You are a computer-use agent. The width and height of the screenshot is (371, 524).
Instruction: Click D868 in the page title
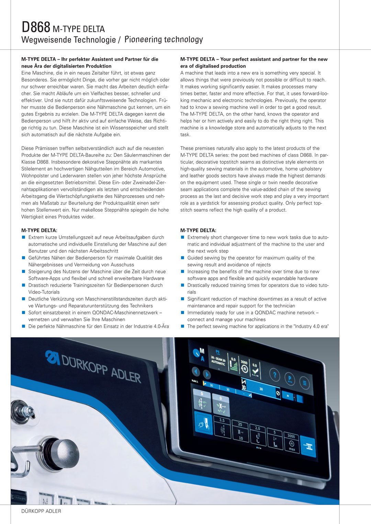point(36,27)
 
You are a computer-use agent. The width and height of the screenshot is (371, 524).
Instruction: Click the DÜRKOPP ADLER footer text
point(41,511)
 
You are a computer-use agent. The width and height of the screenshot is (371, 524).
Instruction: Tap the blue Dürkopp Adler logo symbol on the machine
point(52,357)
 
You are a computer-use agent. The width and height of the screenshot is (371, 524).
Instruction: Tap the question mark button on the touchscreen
point(274,375)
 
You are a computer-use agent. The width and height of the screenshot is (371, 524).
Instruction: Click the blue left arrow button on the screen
point(196,372)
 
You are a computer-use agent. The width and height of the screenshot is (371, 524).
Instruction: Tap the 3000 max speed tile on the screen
point(291,441)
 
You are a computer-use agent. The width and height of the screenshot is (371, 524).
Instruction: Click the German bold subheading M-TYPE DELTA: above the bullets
point(39,230)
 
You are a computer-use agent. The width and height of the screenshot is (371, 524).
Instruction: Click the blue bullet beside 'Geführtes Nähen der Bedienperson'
point(24,258)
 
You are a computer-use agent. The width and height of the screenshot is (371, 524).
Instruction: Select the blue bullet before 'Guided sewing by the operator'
point(183,258)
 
